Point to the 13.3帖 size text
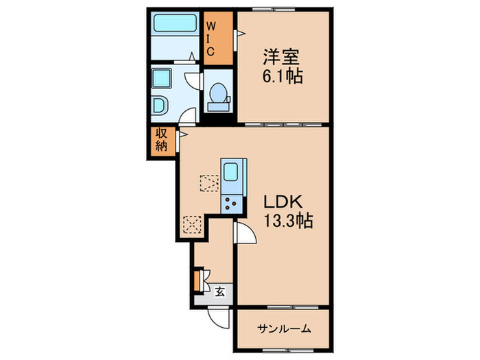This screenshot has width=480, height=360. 289,221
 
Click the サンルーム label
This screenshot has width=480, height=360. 284,329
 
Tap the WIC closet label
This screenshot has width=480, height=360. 211,40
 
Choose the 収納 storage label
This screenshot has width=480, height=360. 162,140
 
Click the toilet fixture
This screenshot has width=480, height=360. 219,95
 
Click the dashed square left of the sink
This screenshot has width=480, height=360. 208,182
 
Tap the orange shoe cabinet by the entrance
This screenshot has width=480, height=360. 197,280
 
